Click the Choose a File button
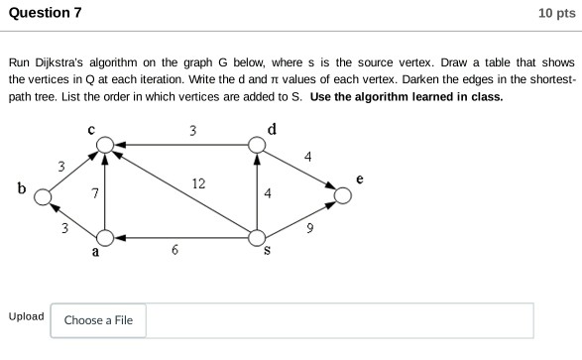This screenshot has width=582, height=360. [x=98, y=320]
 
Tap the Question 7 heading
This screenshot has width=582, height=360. [x=46, y=13]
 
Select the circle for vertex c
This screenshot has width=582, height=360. [x=104, y=147]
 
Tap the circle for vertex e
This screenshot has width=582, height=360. [x=343, y=195]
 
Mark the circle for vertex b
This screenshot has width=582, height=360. [x=43, y=196]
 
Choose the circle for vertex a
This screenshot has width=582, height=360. [x=104, y=238]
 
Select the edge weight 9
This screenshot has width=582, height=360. [x=311, y=229]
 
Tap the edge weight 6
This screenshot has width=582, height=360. [x=175, y=251]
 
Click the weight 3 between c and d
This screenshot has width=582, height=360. [x=192, y=131]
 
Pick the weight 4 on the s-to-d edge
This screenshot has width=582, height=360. [x=268, y=192]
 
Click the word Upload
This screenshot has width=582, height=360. [x=26, y=316]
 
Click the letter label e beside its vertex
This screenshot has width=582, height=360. [x=360, y=180]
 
